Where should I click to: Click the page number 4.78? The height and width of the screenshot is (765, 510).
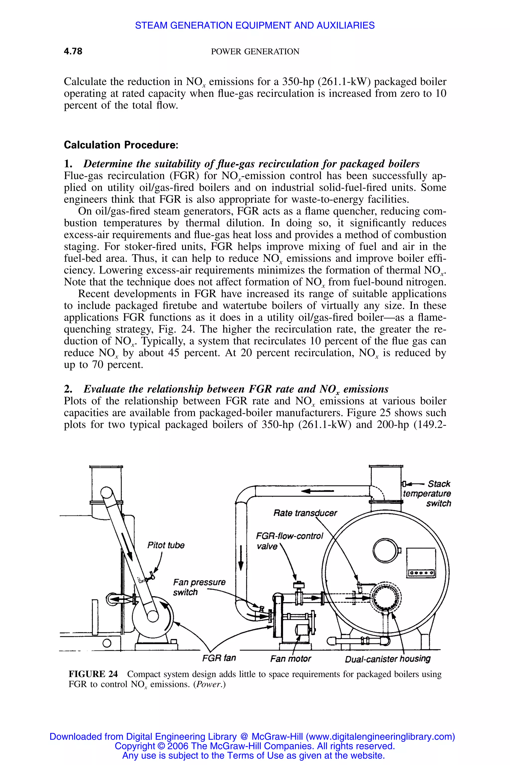[x=73, y=51]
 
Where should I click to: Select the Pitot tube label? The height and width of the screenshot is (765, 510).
[x=166, y=545]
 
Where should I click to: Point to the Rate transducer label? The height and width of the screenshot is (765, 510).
[x=305, y=513]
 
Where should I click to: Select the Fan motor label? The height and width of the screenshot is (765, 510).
[x=290, y=659]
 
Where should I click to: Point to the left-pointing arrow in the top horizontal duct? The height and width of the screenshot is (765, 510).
[x=317, y=491]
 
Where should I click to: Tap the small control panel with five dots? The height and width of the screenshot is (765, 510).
[x=421, y=573]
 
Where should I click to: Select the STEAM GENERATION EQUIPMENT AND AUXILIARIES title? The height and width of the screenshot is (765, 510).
[x=255, y=25]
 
